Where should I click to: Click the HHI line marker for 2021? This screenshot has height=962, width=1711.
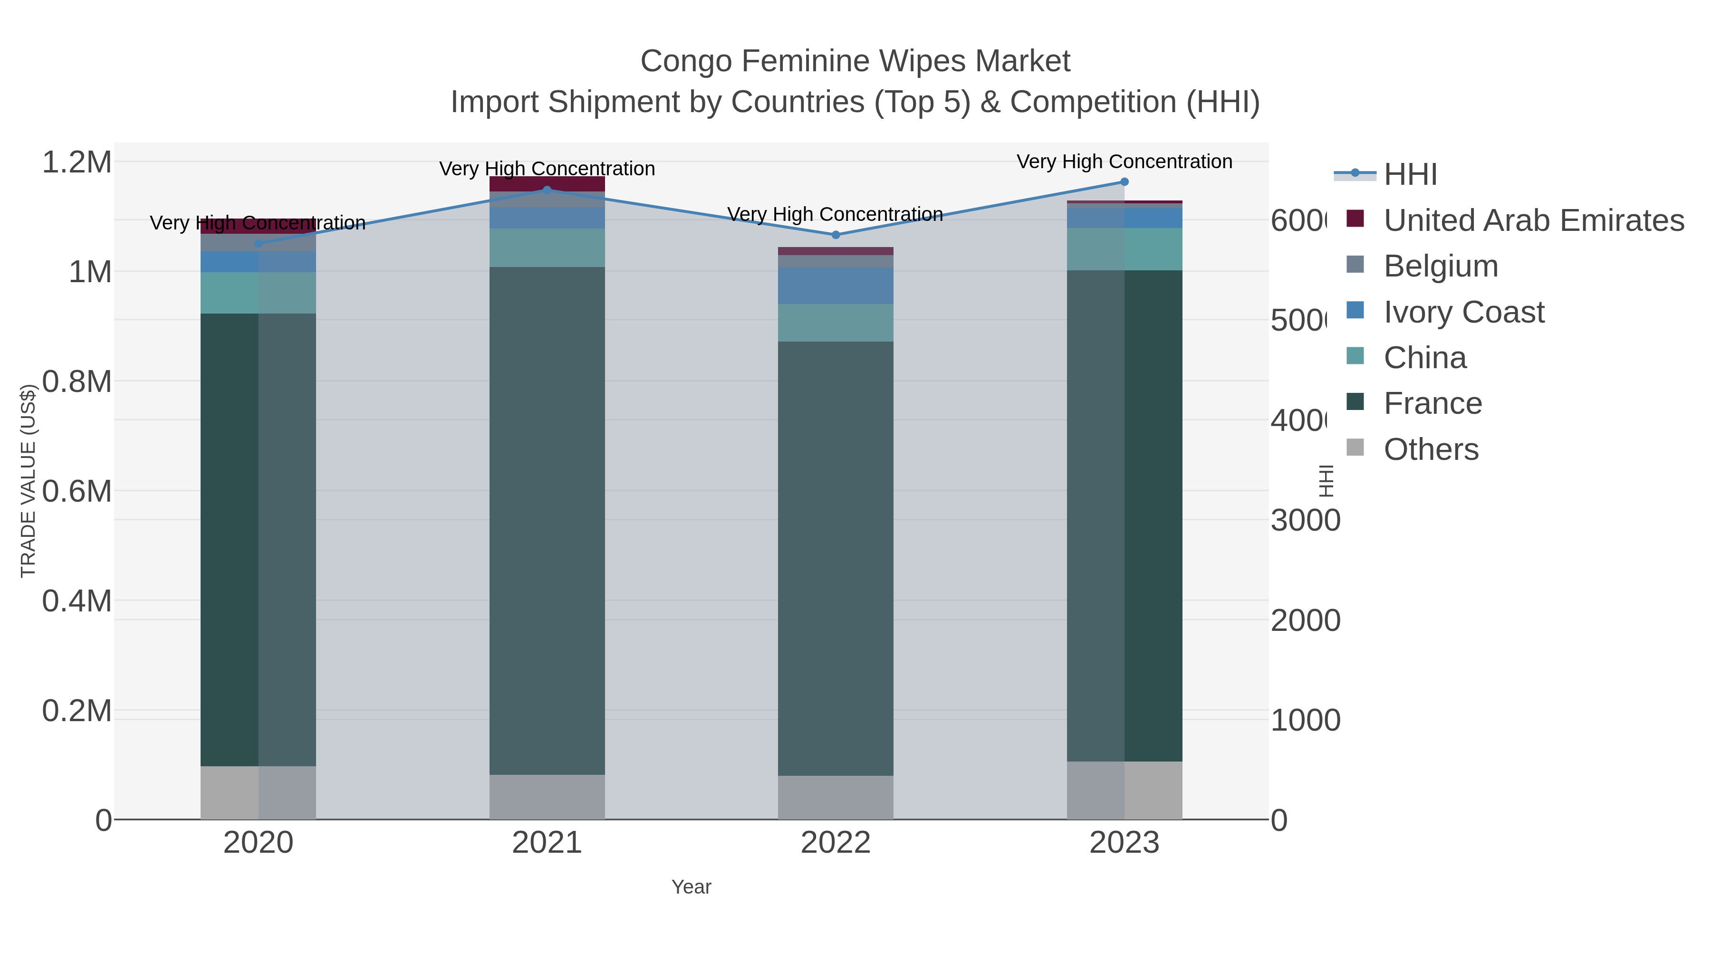click(547, 190)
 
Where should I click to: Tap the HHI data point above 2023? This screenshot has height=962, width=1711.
click(1124, 182)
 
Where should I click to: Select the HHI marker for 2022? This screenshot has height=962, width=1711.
click(836, 235)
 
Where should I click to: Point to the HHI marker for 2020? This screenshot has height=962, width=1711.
click(259, 244)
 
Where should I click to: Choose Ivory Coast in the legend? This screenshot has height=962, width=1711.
click(1463, 312)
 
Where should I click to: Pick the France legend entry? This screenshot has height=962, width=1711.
click(1432, 404)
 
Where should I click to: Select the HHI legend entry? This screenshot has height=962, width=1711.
click(1410, 175)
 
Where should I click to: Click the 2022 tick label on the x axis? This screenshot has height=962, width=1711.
click(836, 843)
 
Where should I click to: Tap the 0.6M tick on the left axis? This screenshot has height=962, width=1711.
click(77, 492)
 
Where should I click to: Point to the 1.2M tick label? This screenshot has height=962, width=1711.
click(77, 162)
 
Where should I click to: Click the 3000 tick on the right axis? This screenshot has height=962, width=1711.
click(1305, 521)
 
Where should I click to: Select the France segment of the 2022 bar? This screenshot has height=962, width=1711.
click(836, 558)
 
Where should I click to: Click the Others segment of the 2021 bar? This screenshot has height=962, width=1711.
click(547, 797)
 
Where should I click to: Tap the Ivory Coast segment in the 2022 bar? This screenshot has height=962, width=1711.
click(836, 286)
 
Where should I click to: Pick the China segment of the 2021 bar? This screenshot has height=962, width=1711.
click(547, 248)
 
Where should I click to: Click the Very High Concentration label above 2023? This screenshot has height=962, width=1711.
click(1124, 162)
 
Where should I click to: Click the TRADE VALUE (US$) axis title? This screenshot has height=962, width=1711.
click(28, 481)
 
